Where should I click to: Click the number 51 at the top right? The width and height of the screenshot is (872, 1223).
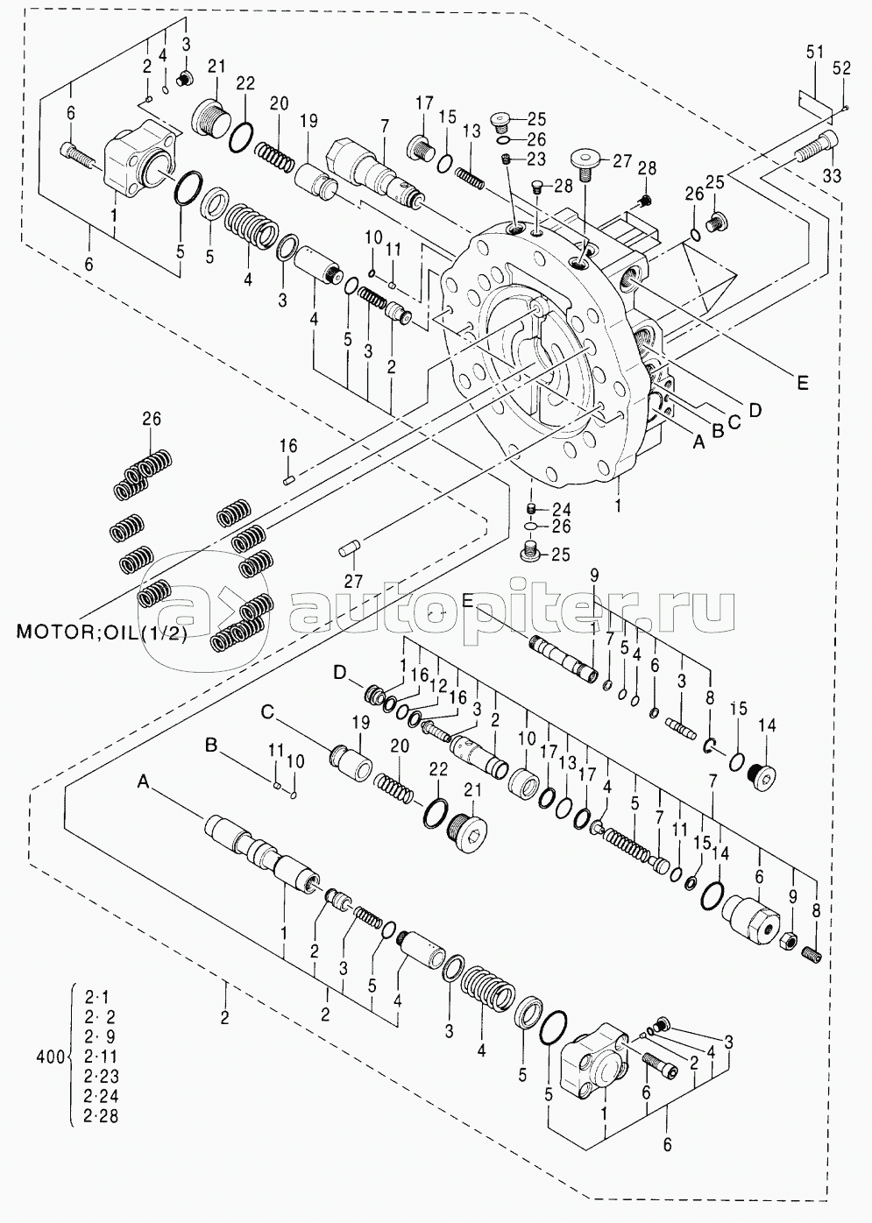814,54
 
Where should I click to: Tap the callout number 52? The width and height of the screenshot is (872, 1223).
841,67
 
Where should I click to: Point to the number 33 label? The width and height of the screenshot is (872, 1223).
831,176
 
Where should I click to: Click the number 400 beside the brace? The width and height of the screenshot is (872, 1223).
49,1057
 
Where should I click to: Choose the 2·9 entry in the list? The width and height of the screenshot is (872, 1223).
101,1036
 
